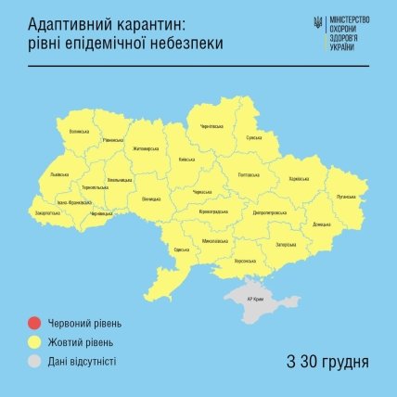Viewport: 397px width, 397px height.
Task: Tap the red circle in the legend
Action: [33, 324]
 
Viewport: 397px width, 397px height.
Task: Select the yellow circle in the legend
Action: [33, 342]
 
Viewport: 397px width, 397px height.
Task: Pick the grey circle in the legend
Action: [33, 361]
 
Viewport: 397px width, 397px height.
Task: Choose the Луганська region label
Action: [347, 196]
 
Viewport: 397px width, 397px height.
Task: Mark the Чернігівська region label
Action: [212, 126]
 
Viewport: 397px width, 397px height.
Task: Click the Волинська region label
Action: [79, 132]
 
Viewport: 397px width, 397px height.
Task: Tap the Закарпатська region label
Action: [46, 212]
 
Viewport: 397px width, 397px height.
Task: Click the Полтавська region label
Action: [250, 174]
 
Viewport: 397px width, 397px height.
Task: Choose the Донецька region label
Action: [322, 224]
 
